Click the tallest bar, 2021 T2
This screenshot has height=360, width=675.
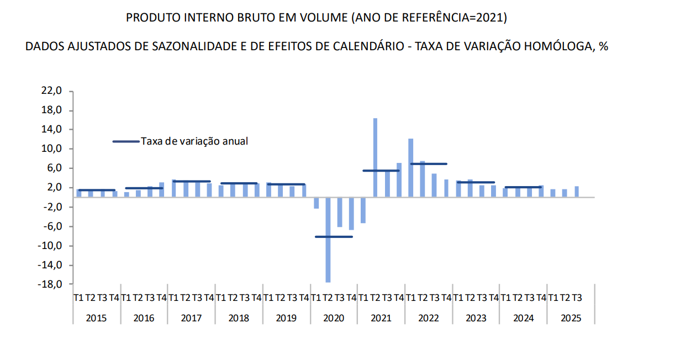[x=375, y=157]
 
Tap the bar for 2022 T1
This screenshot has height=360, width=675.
[x=411, y=168]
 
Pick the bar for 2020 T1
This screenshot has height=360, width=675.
[x=316, y=203]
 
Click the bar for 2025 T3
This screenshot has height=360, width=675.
[x=577, y=192]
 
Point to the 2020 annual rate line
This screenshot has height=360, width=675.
[x=334, y=236]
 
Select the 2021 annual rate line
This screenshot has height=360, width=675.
[x=381, y=171]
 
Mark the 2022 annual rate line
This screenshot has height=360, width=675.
[x=428, y=164]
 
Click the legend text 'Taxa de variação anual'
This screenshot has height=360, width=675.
[x=194, y=141]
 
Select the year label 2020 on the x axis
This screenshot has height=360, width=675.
[x=334, y=318]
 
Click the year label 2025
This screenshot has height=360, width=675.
[x=571, y=318]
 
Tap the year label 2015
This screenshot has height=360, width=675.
[x=96, y=318]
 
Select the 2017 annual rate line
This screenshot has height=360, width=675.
[x=191, y=181]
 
